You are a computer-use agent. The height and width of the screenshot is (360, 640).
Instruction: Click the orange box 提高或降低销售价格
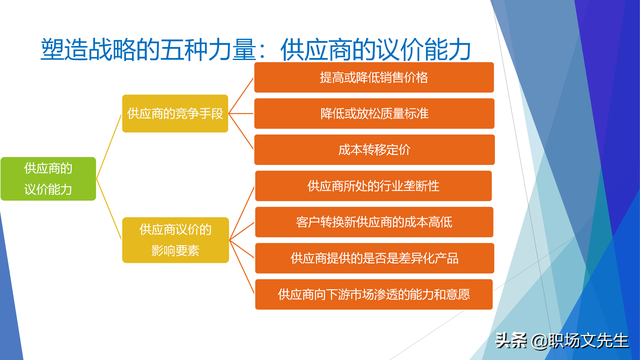tap(375, 77)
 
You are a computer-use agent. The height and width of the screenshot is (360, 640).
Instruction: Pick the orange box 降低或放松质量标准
tap(375, 114)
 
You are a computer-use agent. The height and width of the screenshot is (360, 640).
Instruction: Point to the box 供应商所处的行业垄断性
tap(375, 186)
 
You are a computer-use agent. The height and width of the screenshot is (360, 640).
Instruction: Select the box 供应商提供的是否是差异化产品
tap(375, 258)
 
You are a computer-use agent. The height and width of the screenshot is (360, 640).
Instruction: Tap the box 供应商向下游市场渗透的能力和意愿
tap(375, 294)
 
